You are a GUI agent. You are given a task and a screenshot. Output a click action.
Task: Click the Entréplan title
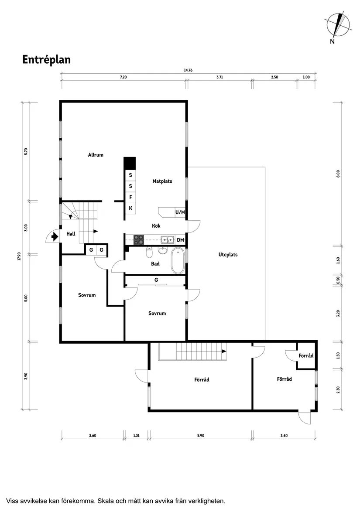[x=46, y=60]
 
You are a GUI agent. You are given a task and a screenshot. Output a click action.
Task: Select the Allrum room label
[x=96, y=155]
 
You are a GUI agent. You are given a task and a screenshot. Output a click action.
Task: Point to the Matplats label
[x=162, y=181]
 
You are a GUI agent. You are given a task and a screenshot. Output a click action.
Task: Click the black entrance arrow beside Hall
[x=54, y=237]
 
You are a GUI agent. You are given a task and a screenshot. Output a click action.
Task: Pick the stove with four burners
[x=138, y=239]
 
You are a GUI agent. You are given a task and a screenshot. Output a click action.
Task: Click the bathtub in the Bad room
[x=178, y=260]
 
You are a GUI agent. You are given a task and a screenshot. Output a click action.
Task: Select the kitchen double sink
[x=166, y=239]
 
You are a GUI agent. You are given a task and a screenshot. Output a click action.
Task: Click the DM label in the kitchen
[x=180, y=240]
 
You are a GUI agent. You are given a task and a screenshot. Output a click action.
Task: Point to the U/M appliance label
[x=180, y=212]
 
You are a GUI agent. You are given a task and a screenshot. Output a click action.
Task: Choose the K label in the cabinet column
[x=130, y=208]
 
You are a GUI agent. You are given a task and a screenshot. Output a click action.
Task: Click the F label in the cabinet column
[x=130, y=197]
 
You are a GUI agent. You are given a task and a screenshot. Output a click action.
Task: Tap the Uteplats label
[x=228, y=254]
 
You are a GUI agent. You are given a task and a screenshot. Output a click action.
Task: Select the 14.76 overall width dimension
[x=188, y=70]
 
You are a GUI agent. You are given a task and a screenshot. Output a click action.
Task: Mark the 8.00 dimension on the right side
[x=338, y=174]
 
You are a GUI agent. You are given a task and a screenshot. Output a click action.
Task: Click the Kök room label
[x=156, y=226]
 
